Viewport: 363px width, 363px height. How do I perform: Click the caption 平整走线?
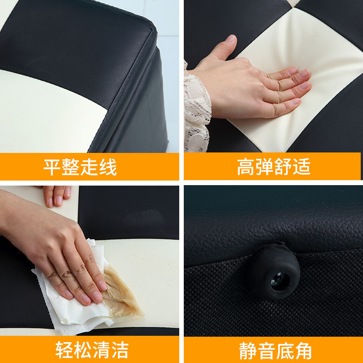tap(80, 167)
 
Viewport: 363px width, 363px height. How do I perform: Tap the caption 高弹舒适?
tap(274, 167)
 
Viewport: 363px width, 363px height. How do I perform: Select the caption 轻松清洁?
tap(92, 349)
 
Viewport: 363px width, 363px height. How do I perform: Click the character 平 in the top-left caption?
tap(52, 167)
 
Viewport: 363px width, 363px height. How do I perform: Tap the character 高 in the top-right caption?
tap(245, 167)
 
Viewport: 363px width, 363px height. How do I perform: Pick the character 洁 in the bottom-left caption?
tap(120, 350)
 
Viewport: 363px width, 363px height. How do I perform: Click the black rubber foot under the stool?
tap(273, 271)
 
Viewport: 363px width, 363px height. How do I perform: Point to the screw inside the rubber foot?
tap(280, 281)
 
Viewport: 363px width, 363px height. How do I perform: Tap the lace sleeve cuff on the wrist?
tap(197, 109)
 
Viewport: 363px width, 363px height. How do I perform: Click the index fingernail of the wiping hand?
tap(102, 286)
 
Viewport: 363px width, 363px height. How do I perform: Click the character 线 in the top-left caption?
tap(108, 167)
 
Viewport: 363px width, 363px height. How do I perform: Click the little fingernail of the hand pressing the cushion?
tap(296, 101)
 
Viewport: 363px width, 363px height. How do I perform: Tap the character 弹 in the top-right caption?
tap(264, 167)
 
